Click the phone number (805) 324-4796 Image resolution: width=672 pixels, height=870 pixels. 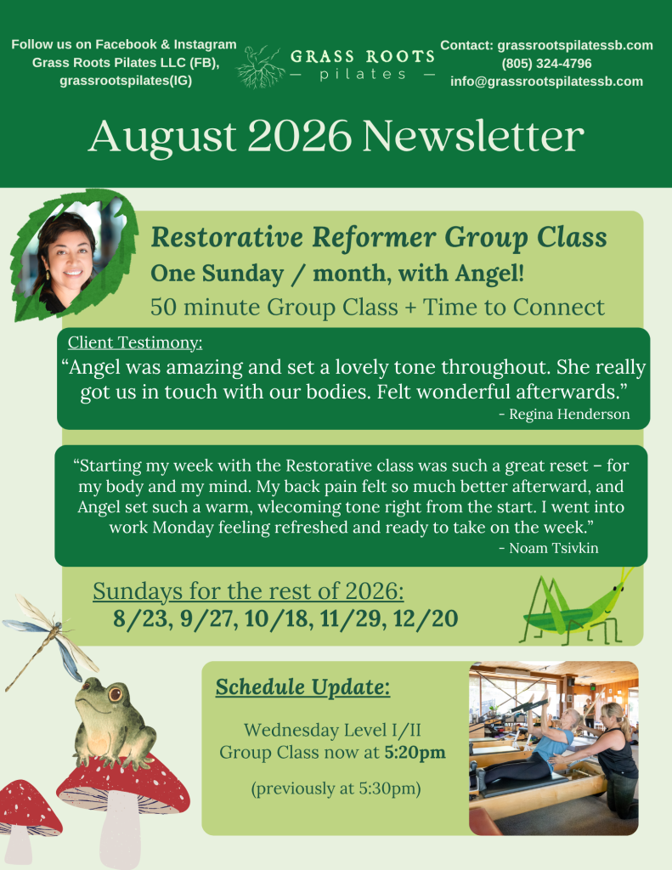(546, 63)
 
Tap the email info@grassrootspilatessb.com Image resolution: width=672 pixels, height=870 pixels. (546, 82)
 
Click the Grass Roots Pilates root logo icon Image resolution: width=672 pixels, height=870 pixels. (260, 66)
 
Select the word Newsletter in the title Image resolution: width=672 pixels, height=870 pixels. (473, 136)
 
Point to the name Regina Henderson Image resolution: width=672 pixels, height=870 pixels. (569, 414)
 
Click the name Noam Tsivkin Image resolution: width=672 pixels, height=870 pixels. (554, 548)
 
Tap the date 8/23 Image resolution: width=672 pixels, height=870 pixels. (140, 619)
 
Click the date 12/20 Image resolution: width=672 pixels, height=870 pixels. (426, 619)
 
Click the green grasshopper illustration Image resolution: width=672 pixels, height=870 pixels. (577, 607)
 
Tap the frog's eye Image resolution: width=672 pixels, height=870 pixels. (116, 693)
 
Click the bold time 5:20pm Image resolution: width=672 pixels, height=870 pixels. (415, 753)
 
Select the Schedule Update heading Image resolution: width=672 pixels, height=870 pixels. (303, 686)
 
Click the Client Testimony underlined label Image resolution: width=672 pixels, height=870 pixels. (135, 342)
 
